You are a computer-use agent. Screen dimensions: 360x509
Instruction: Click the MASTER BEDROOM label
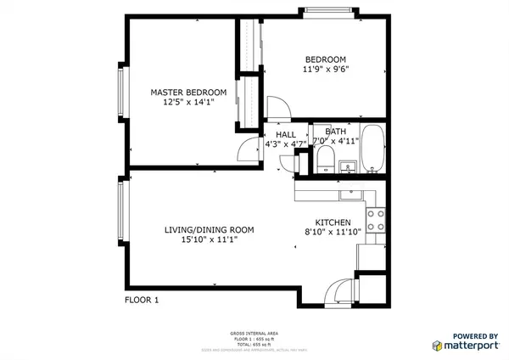(188, 92)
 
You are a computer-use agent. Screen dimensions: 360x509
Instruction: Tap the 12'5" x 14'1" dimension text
(188, 102)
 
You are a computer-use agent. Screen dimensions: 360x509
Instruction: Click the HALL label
(285, 134)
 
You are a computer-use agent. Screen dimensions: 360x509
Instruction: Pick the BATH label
(335, 132)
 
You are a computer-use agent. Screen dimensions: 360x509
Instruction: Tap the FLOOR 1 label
(142, 300)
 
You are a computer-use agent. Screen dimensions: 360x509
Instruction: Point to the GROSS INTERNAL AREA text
(254, 333)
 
